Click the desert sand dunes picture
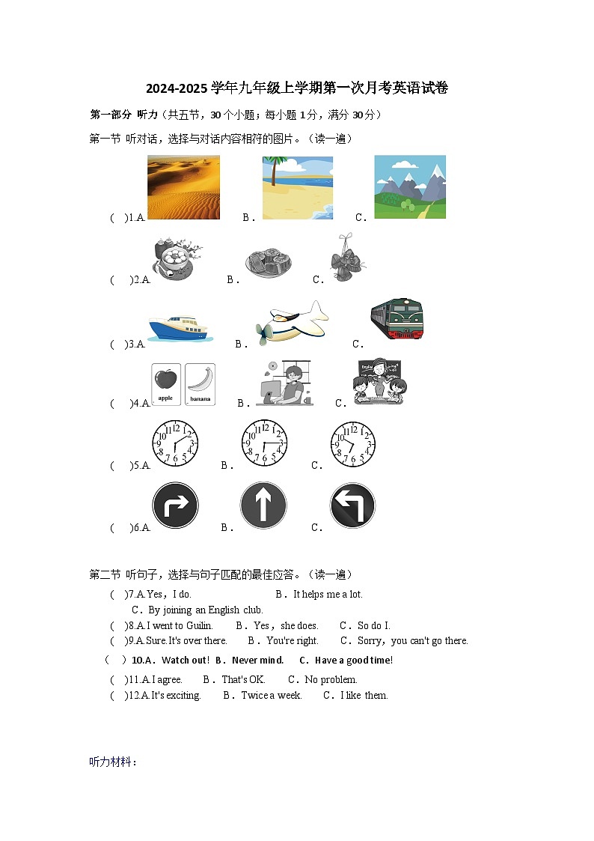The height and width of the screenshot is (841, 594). point(183,186)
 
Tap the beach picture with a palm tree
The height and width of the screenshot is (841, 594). point(298,187)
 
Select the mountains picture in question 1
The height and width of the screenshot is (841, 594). point(409,186)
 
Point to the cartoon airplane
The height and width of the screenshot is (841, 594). point(291,323)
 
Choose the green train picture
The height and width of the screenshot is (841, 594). point(396,319)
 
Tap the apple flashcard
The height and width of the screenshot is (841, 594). point(165,384)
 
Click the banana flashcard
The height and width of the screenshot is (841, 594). point(200,384)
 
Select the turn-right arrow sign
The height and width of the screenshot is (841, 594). point(175,505)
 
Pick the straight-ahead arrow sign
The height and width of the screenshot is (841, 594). point(263,505)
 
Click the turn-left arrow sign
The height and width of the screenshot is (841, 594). point(352,505)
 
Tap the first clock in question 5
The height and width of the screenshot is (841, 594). point(175,443)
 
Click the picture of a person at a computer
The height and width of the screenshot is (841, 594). point(284,383)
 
